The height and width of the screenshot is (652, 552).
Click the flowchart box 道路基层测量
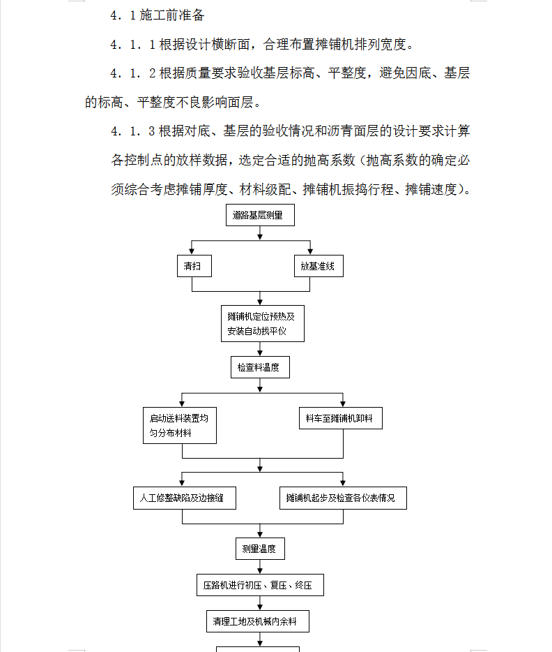(x=260, y=215)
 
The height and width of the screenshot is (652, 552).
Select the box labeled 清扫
(x=194, y=266)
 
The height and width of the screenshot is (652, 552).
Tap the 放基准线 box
(x=319, y=266)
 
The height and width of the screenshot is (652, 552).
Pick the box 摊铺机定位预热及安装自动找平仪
(x=263, y=323)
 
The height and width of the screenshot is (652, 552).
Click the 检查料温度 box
(x=260, y=367)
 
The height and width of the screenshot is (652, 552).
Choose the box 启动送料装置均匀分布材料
(x=180, y=425)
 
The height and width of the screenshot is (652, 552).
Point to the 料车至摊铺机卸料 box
(x=341, y=418)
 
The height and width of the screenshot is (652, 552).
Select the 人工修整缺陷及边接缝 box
(x=185, y=498)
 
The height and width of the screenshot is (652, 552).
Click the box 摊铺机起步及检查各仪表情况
(x=343, y=498)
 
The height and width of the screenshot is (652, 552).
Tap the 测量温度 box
(x=260, y=549)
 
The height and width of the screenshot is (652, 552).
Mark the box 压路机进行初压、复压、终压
(x=260, y=585)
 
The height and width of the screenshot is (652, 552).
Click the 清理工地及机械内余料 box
(x=258, y=621)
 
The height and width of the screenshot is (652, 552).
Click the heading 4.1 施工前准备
(x=158, y=15)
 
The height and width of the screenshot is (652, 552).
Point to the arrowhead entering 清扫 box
(x=192, y=251)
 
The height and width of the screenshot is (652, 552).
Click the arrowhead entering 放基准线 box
(x=310, y=251)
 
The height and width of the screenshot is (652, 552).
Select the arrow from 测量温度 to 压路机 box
(x=260, y=567)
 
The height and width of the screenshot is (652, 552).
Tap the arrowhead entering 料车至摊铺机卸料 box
(x=343, y=403)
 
